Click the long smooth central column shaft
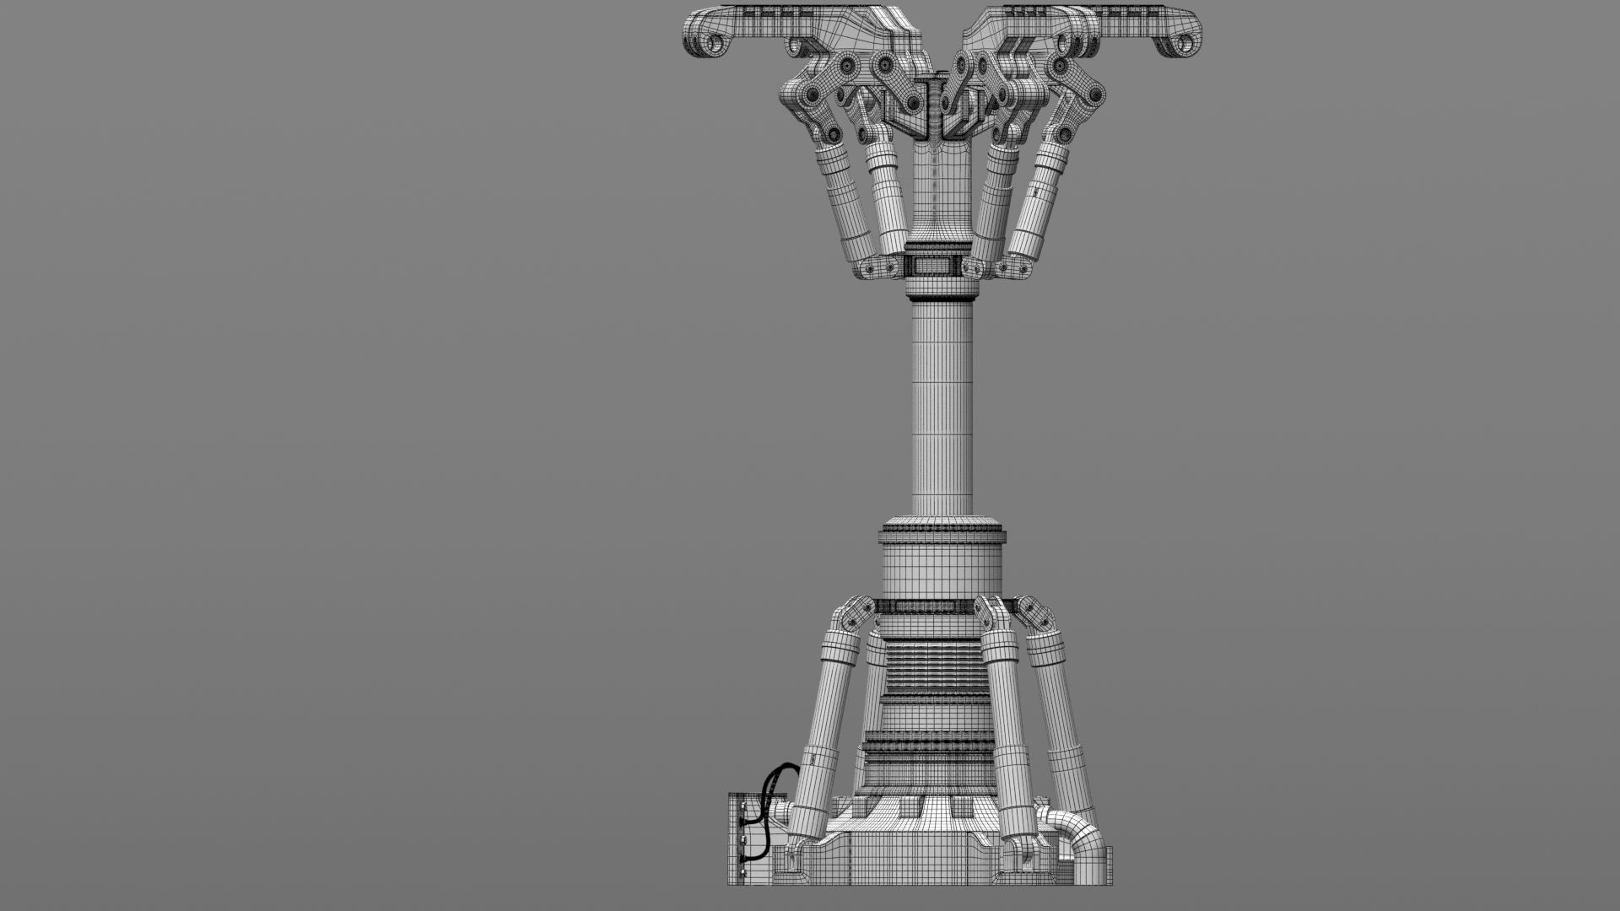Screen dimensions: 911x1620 pyautogui.click(x=942, y=405)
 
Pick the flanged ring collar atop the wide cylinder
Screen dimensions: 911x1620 pyautogui.click(x=942, y=533)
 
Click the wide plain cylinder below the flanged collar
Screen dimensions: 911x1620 pyautogui.click(x=942, y=569)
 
